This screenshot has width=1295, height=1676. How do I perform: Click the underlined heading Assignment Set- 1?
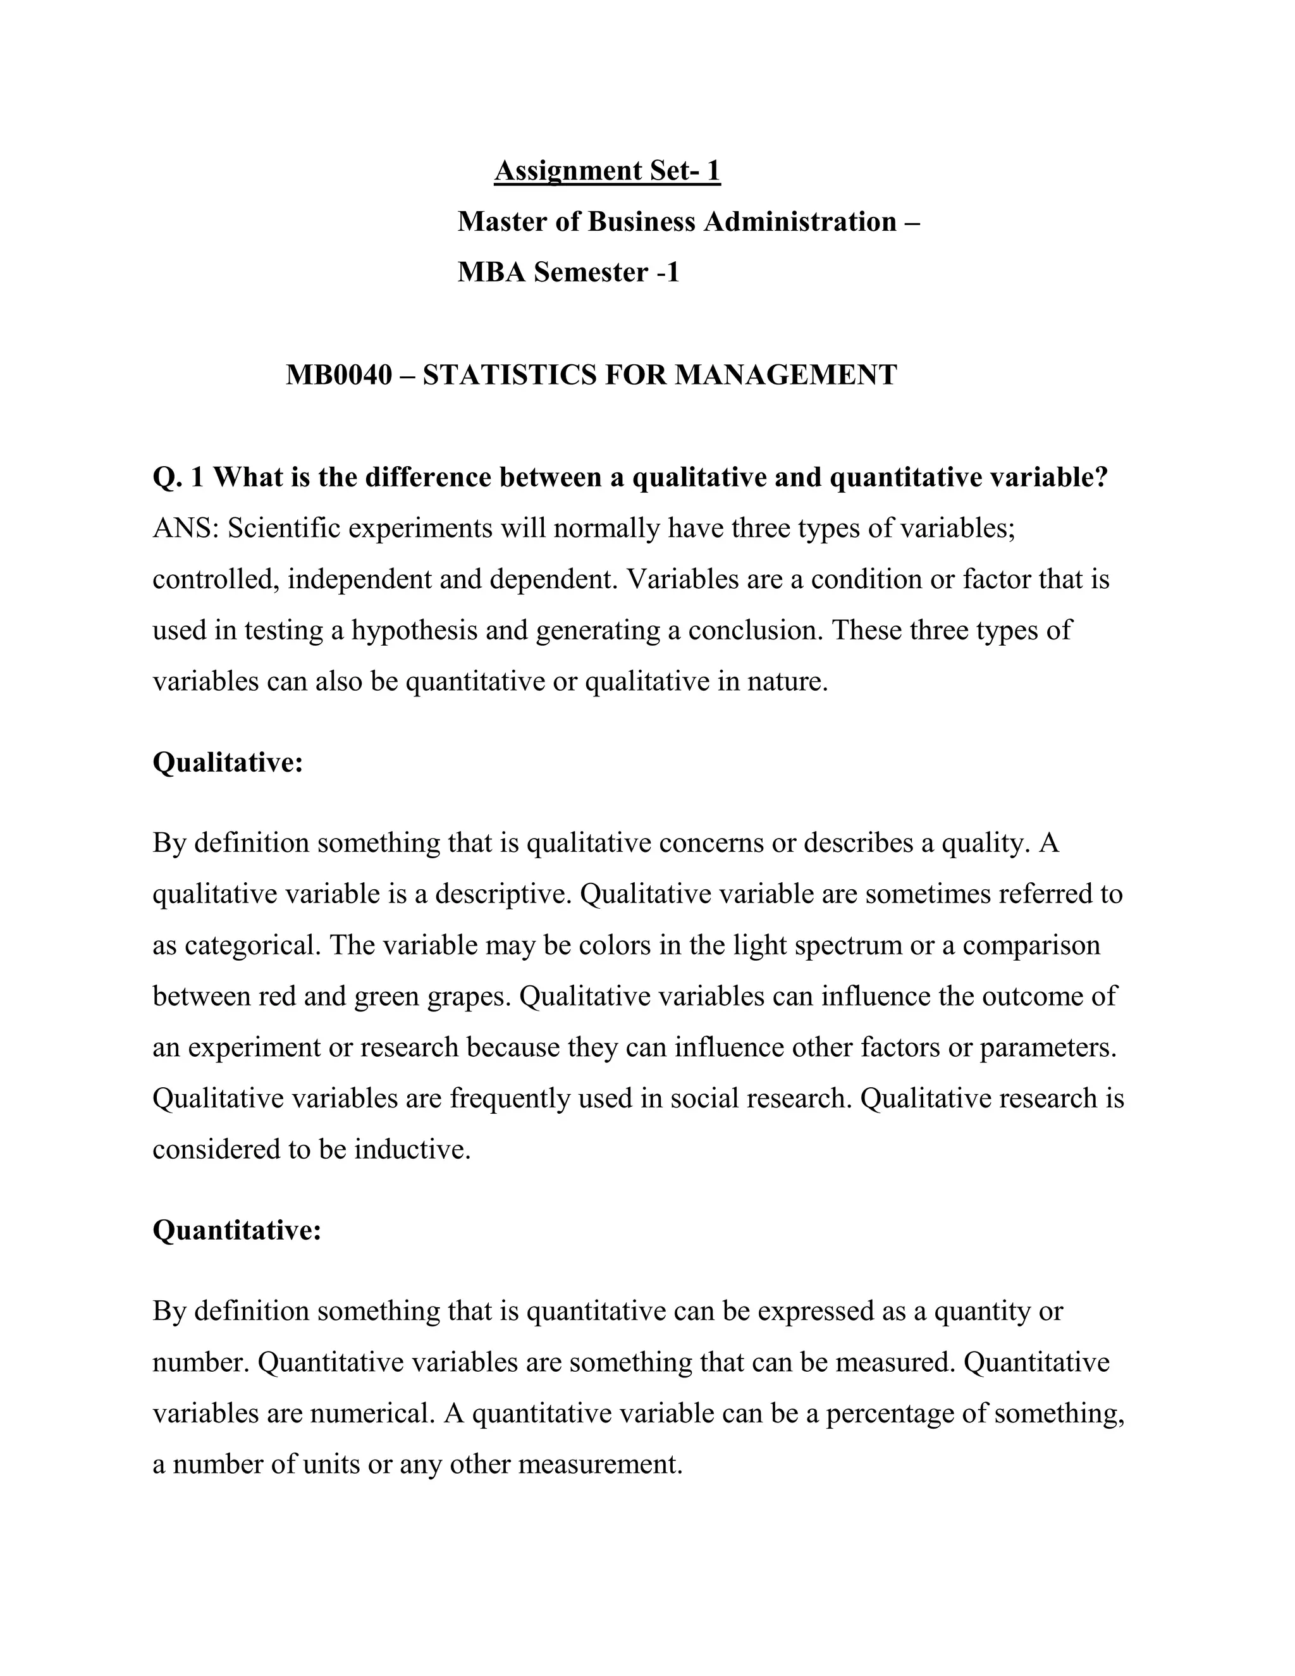607,170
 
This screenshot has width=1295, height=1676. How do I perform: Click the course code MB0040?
338,375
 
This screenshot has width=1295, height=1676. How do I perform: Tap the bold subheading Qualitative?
228,763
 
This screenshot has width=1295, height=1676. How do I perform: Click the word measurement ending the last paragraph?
599,1464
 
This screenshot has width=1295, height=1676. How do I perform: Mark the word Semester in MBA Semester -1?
591,273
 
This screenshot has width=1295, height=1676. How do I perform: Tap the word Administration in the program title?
800,222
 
